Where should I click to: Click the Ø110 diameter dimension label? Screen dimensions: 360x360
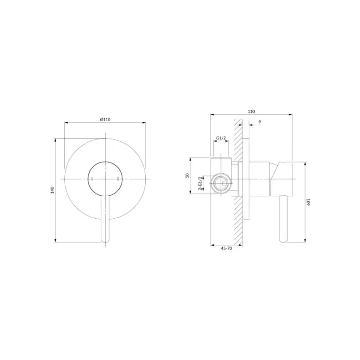coord(105,119)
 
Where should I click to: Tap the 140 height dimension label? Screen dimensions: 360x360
coord(52,190)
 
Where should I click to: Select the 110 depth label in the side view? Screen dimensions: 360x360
coord(252,111)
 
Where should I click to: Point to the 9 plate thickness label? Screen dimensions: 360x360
coord(260,122)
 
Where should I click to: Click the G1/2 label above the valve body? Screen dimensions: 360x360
coord(221,138)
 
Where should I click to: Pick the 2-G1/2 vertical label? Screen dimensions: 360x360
coord(200,184)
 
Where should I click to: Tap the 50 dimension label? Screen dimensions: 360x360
coord(187,175)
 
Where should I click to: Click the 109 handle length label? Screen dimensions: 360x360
coord(308,202)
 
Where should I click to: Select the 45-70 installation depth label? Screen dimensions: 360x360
coord(226,248)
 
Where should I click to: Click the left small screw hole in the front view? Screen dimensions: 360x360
coord(92,179)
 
